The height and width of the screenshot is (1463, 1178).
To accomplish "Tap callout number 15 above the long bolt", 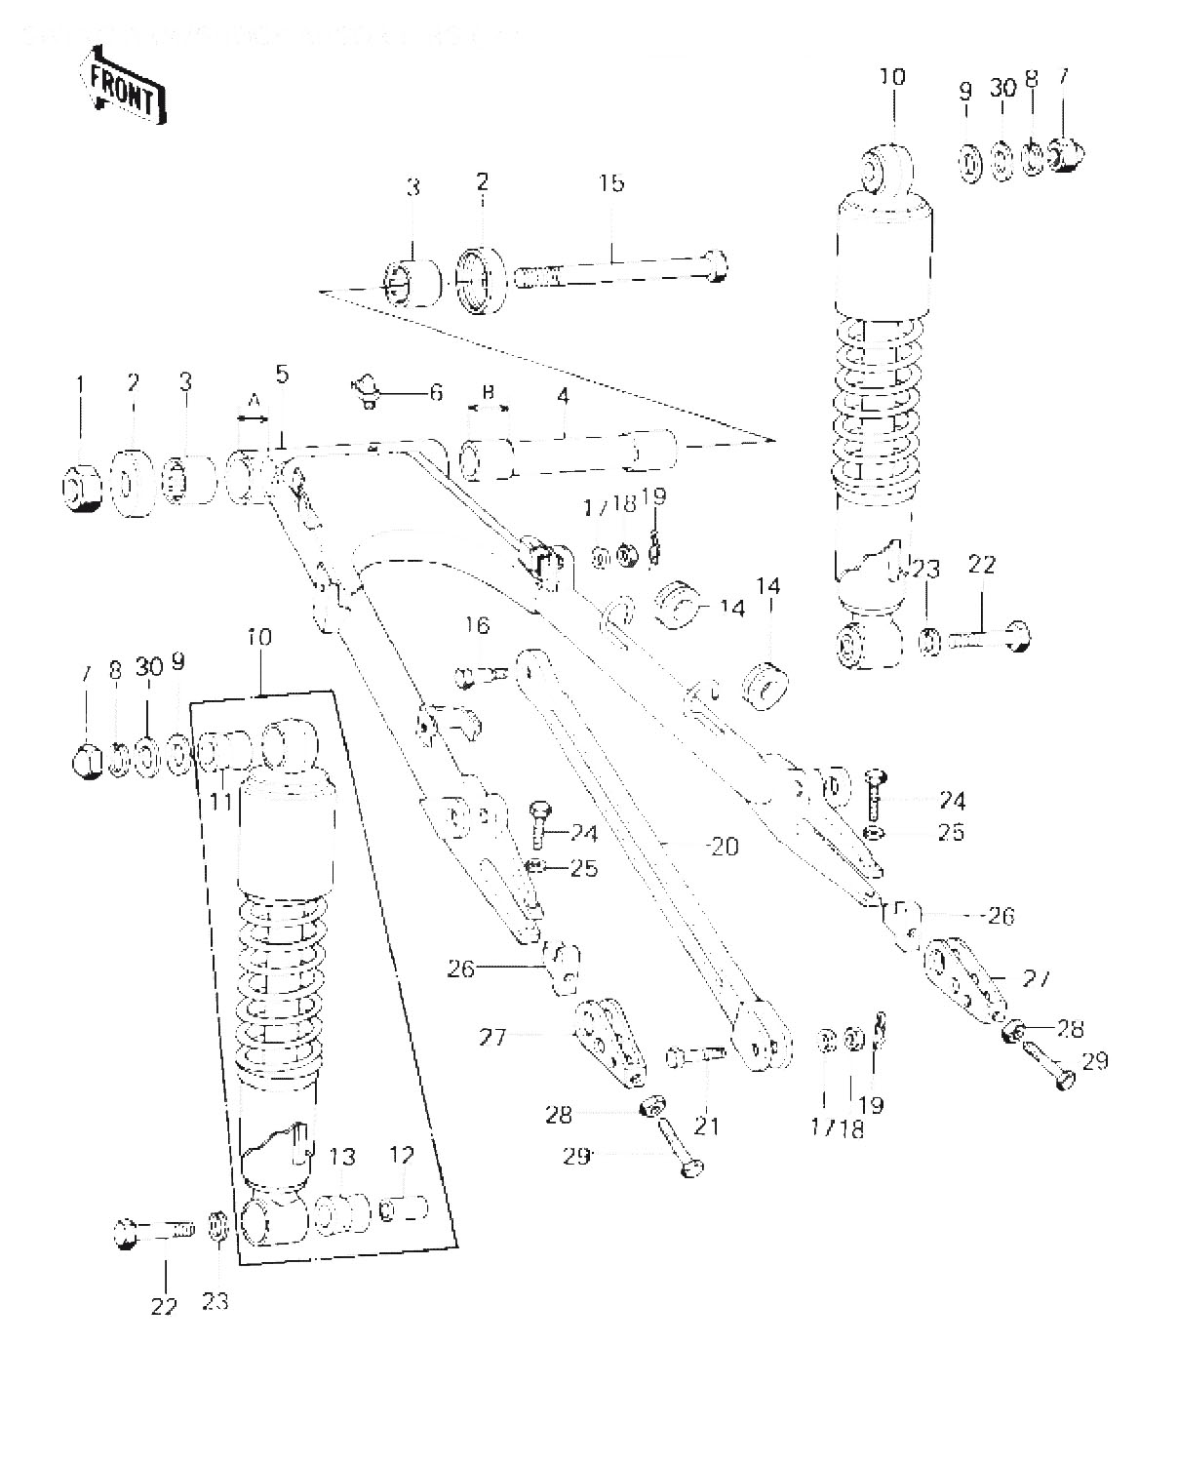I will point(611,184).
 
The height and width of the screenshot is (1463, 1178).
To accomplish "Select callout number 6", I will point(436,393).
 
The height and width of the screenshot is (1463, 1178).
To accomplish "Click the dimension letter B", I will point(489,392).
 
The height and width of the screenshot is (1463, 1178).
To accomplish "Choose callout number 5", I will point(282,374).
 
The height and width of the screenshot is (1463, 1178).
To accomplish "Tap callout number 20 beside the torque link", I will point(724,847).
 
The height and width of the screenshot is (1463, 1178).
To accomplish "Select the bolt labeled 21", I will point(694,1056).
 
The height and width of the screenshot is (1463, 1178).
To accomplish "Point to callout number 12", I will point(402,1156).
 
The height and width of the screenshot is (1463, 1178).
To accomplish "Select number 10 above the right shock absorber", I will point(892,76).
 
